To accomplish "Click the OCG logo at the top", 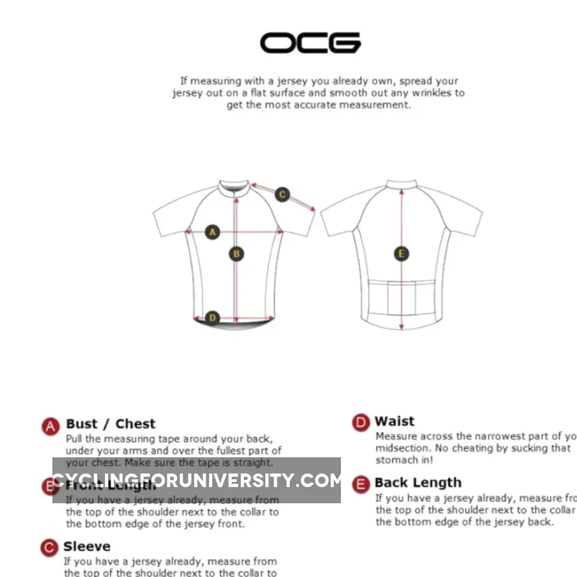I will pyautogui.click(x=310, y=43).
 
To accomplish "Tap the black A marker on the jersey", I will pyautogui.click(x=212, y=232).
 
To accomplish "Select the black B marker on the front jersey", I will pyautogui.click(x=237, y=254).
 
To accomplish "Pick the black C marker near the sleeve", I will pyautogui.click(x=282, y=194).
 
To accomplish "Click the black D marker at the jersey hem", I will pyautogui.click(x=212, y=318).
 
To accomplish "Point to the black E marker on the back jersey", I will pyautogui.click(x=401, y=254).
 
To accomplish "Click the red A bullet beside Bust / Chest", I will pyautogui.click(x=51, y=426).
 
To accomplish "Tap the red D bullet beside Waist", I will pyautogui.click(x=361, y=423).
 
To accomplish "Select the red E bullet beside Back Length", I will pyautogui.click(x=361, y=484).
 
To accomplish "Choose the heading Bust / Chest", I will pyautogui.click(x=111, y=424).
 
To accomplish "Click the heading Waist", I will pyautogui.click(x=395, y=422).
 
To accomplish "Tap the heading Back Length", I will pyautogui.click(x=418, y=483).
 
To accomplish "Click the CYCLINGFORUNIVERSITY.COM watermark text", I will pyautogui.click(x=197, y=481).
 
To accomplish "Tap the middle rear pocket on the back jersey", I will pyautogui.click(x=401, y=296).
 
